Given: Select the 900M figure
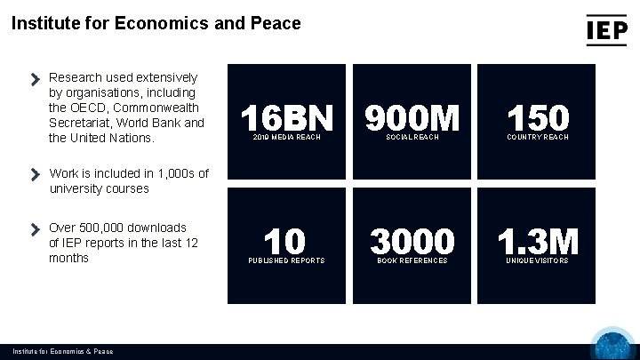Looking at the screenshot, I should click(x=412, y=118).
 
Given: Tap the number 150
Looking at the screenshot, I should click(x=538, y=118).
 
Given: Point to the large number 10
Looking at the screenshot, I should click(x=284, y=241).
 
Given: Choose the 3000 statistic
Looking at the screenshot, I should click(x=412, y=241).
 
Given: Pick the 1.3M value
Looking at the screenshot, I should click(x=538, y=241).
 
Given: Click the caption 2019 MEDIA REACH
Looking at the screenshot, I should click(x=286, y=138).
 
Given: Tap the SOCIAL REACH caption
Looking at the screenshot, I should click(x=412, y=138).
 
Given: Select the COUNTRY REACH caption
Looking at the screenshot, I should click(x=538, y=138).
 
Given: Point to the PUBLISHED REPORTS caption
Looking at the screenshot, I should click(x=286, y=260).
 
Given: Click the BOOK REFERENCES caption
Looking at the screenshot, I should click(x=412, y=260).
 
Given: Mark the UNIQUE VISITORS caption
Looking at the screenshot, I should click(x=538, y=260).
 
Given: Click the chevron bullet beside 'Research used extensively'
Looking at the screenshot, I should click(x=36, y=79).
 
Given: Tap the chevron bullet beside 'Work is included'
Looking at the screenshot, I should click(x=36, y=173).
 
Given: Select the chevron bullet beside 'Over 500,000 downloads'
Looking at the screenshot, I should click(x=36, y=228).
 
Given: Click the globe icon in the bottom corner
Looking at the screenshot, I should click(x=612, y=346).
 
